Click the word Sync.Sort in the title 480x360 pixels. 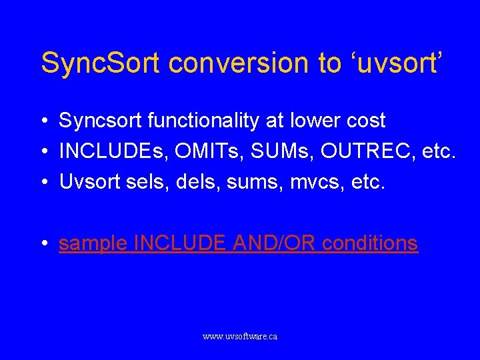(x=100, y=63)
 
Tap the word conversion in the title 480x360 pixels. (x=241, y=63)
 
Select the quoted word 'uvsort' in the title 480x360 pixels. (x=393, y=63)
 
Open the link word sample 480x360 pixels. (x=93, y=244)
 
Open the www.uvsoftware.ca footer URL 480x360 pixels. (x=240, y=337)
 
